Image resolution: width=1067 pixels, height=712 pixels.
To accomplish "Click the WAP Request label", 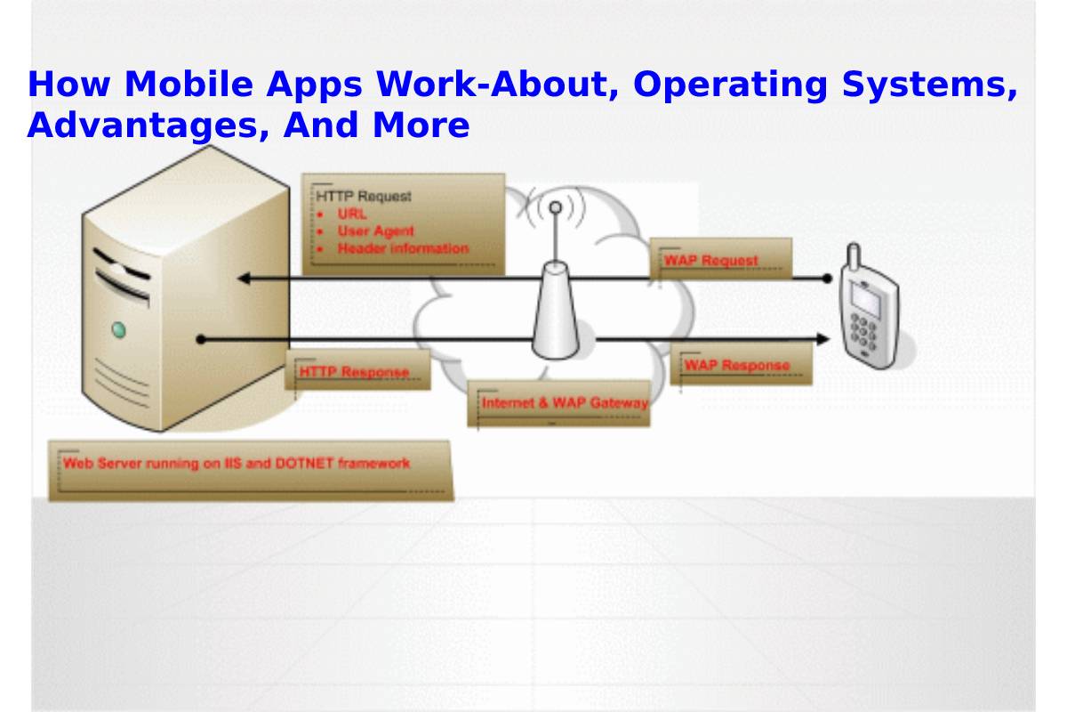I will click(710, 260).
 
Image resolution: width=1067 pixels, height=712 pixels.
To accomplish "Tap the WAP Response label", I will click(736, 365).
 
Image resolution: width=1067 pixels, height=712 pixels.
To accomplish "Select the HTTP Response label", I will click(354, 371).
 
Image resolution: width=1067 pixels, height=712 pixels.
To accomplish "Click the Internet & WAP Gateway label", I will click(564, 403).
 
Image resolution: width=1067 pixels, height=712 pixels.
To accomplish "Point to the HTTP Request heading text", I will click(364, 196).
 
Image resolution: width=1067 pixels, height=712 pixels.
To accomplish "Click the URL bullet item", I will click(351, 214).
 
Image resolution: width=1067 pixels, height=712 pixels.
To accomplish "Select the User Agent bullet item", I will click(375, 231).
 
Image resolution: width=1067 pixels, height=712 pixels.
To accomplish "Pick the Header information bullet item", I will click(402, 249).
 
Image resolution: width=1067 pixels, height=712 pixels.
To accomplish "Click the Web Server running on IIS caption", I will click(237, 463).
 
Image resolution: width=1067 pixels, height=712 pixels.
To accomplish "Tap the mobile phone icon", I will click(867, 307).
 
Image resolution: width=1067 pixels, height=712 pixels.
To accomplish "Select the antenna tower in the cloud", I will click(556, 294).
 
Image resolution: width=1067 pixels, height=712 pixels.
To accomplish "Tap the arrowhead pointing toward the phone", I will click(822, 339).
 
